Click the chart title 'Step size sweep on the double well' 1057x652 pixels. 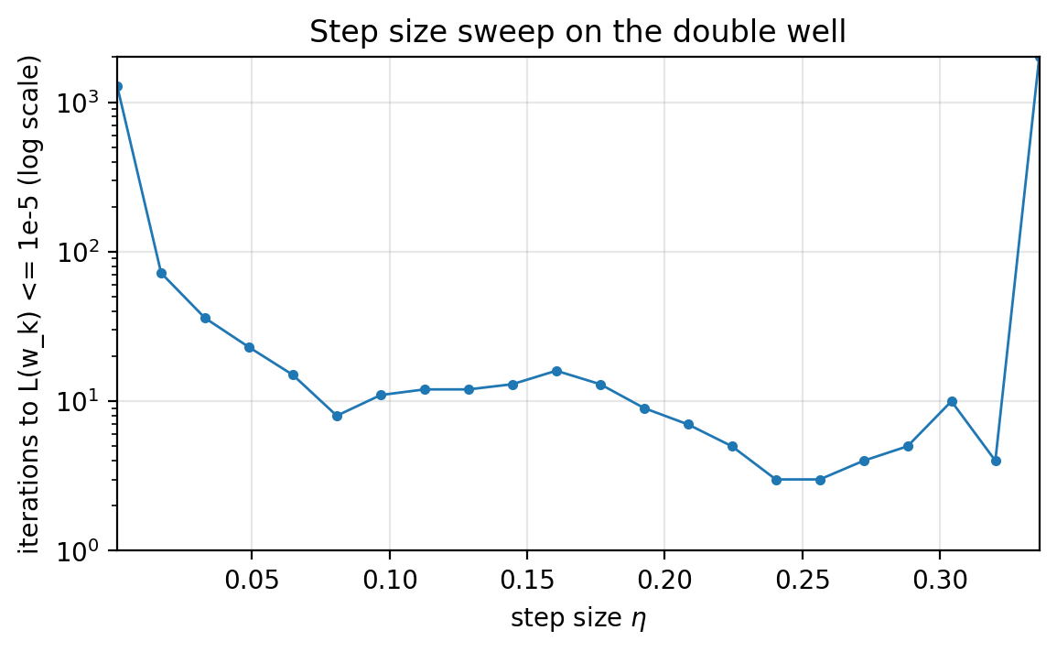click(577, 32)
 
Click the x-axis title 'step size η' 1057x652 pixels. click(577, 618)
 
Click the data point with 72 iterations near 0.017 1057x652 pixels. click(161, 273)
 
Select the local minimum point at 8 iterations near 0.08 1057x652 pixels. click(337, 416)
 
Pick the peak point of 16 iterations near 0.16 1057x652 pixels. click(556, 371)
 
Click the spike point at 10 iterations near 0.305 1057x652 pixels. click(952, 401)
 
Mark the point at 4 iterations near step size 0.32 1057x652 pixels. click(996, 461)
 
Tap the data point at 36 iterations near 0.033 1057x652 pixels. click(205, 318)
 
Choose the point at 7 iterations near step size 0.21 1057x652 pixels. click(688, 424)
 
